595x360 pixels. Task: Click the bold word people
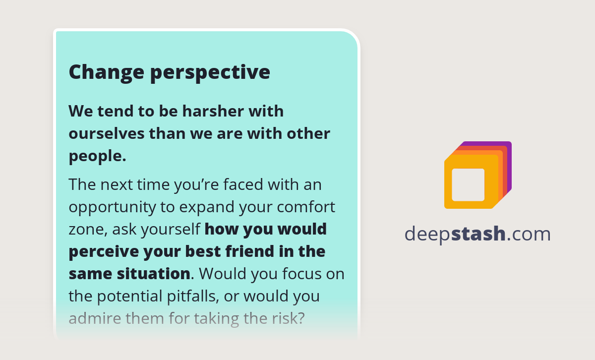pyautogui.click(x=97, y=157)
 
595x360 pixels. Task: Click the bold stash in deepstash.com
pyautogui.click(x=478, y=234)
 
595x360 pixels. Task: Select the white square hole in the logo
pyautogui.click(x=468, y=184)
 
